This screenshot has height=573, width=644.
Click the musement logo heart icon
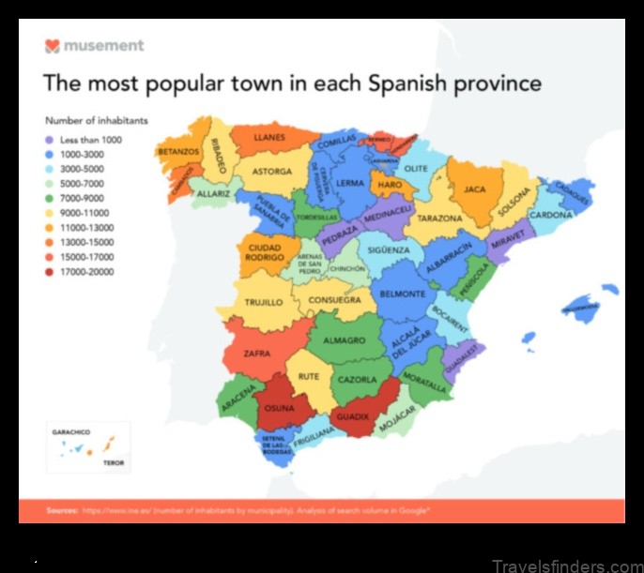(x=53, y=45)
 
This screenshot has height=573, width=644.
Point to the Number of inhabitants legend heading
(x=96, y=120)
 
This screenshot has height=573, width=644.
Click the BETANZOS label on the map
(x=178, y=150)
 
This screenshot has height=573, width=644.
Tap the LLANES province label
(x=268, y=137)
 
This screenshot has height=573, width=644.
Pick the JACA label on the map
(x=475, y=188)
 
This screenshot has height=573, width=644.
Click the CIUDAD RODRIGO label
(x=265, y=253)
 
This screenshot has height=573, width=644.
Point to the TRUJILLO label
(x=264, y=303)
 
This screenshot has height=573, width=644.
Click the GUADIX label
(x=353, y=415)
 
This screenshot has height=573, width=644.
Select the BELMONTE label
(x=403, y=294)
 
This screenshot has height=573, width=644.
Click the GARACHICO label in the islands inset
(x=71, y=431)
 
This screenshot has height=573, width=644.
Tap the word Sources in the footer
(x=62, y=510)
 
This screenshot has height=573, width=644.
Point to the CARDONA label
(x=551, y=215)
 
